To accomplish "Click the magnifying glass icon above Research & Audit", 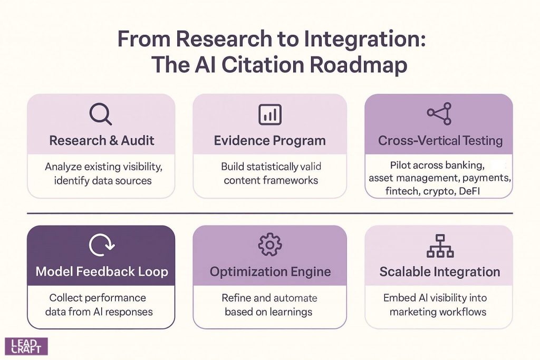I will click(x=100, y=114).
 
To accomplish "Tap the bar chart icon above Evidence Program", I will click(x=269, y=114).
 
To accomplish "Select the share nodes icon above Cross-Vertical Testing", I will click(x=439, y=113).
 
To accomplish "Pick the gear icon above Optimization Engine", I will click(x=269, y=245).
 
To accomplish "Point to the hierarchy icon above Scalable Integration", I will click(x=439, y=246).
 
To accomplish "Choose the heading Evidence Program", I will click(x=269, y=141).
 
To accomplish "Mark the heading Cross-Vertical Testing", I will click(x=440, y=141).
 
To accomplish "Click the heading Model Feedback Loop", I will click(x=101, y=272).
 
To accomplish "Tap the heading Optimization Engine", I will click(x=270, y=272).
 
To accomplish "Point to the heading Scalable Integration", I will click(x=440, y=272).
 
